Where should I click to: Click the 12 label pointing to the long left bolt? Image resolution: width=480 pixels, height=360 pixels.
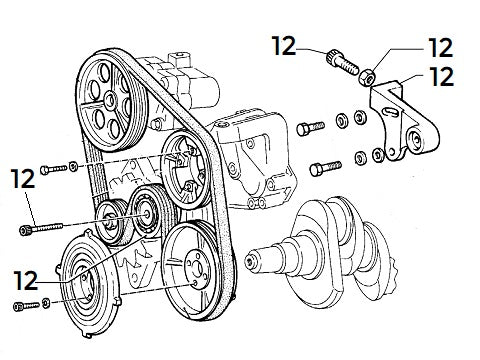[23, 179]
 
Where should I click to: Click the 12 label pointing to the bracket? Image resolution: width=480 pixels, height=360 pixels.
[441, 76]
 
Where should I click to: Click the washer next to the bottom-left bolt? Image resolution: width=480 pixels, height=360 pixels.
[47, 302]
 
